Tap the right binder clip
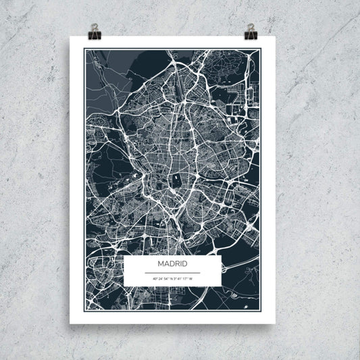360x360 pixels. pyautogui.click(x=251, y=30)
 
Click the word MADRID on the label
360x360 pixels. pyautogui.click(x=172, y=264)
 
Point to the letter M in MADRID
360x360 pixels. pyautogui.click(x=161, y=264)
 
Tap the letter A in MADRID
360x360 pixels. pyautogui.click(x=167, y=264)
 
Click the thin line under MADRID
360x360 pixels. pyautogui.click(x=172, y=272)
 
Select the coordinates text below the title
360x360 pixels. pyautogui.click(x=172, y=278)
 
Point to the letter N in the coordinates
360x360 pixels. pyautogui.click(x=171, y=278)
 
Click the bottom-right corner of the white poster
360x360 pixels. pyautogui.click(x=276, y=324)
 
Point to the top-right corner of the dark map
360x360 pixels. pyautogui.click(x=261, y=50)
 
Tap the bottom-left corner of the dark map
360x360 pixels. pyautogui.click(x=84, y=309)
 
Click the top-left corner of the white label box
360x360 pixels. pyautogui.click(x=124, y=255)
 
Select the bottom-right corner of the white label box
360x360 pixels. pyautogui.click(x=221, y=284)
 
